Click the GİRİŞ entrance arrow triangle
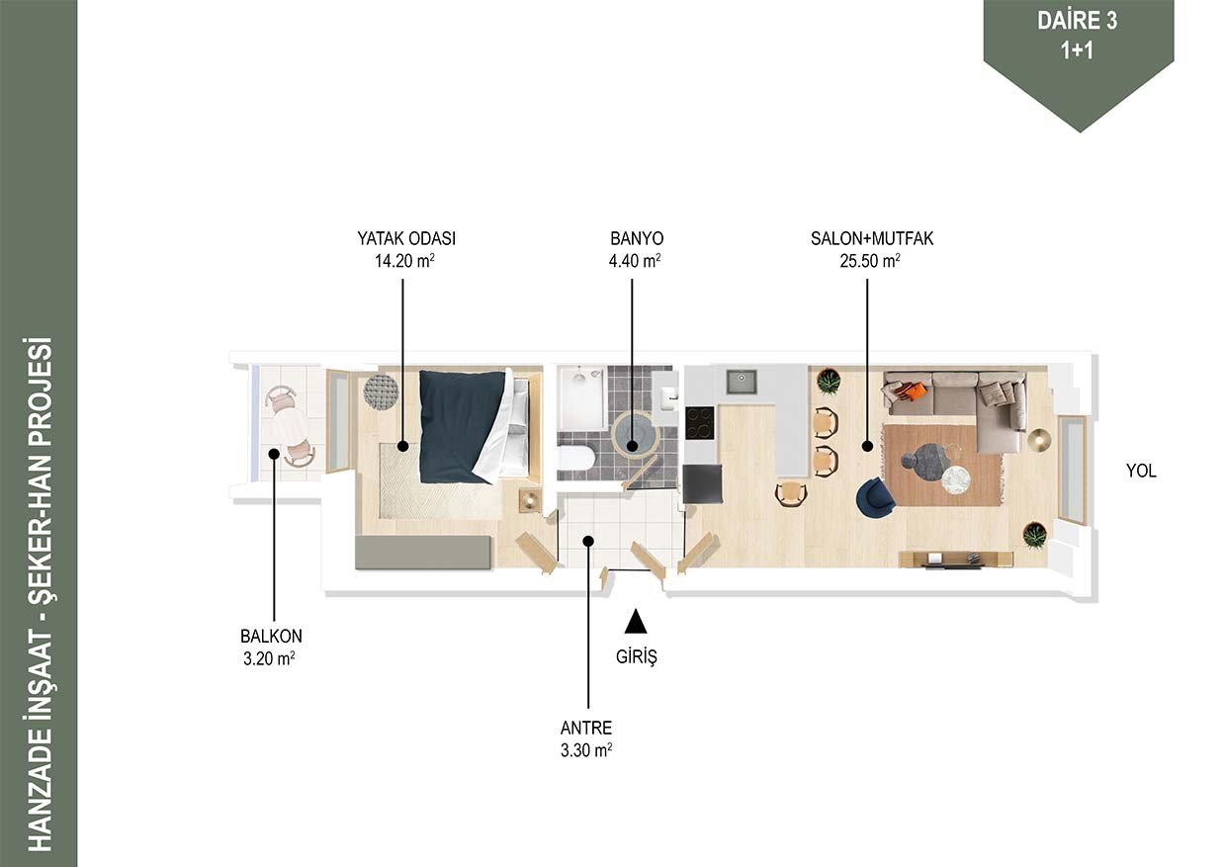[x=636, y=621]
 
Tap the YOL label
[x=1141, y=471]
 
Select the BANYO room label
[x=637, y=238]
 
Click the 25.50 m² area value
[x=870, y=261]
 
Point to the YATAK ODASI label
[x=406, y=238]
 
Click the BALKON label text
[x=271, y=636]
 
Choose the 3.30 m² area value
[x=585, y=750]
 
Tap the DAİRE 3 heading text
[x=1077, y=21]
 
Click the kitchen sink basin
[x=742, y=382]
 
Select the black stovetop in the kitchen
[x=699, y=422]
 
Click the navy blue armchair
[x=875, y=497]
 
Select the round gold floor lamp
[x=1039, y=440]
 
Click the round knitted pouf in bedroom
[x=382, y=391]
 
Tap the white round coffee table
[x=956, y=480]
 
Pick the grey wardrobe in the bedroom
[x=423, y=553]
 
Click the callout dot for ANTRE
[x=588, y=542]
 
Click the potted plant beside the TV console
[x=1034, y=534]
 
